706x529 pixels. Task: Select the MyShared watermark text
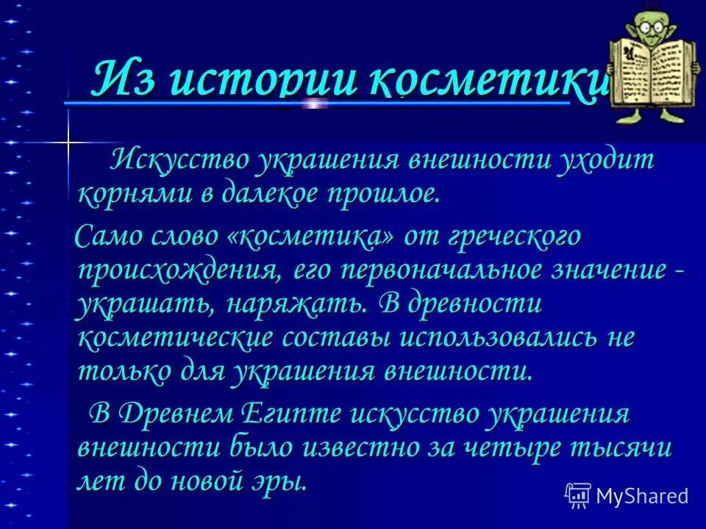642,495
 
